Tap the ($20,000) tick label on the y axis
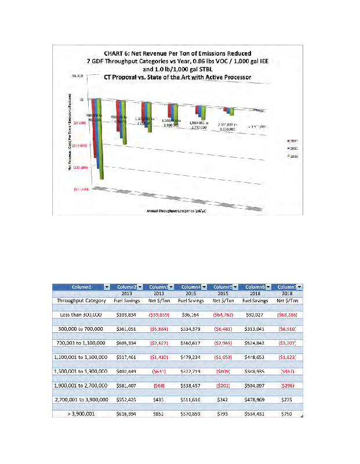point(80,190)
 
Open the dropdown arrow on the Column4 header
point(205,287)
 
